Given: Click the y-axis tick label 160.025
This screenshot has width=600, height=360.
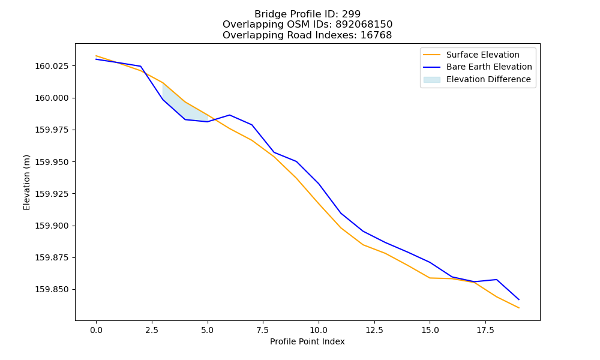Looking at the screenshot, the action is coord(52,66).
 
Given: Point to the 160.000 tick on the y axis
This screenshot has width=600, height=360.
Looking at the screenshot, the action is coord(52,98).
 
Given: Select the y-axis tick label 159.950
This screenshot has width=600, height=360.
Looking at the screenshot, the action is coord(52,162).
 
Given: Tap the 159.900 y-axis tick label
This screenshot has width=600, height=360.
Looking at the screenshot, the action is coord(52,226).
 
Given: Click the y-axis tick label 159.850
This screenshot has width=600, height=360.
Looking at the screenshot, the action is coord(52,290).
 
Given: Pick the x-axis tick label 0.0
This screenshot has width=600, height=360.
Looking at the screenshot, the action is coord(96,330).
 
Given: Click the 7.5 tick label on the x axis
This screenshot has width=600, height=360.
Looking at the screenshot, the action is coord(263,330).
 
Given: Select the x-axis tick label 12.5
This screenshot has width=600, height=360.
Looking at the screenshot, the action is coord(374,330).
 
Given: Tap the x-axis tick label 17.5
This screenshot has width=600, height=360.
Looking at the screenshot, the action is coord(485,330).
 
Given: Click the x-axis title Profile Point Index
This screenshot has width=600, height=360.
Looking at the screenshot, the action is coord(307,341).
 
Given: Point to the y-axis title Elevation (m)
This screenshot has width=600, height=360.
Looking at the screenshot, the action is coord(26,182).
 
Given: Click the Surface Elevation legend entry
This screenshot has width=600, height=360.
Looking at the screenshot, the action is coord(471,55).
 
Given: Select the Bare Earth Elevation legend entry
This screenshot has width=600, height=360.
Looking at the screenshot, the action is coord(478,67).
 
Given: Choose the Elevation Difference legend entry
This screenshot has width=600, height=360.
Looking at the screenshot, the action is coord(477,80).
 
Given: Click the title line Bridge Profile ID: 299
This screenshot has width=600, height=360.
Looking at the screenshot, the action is coord(307,14).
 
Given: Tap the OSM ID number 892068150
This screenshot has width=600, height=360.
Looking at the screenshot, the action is coord(364,25).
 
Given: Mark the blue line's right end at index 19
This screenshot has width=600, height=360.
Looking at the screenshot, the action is coord(519,299).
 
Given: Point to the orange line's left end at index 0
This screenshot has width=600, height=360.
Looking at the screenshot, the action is coord(96,56).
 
